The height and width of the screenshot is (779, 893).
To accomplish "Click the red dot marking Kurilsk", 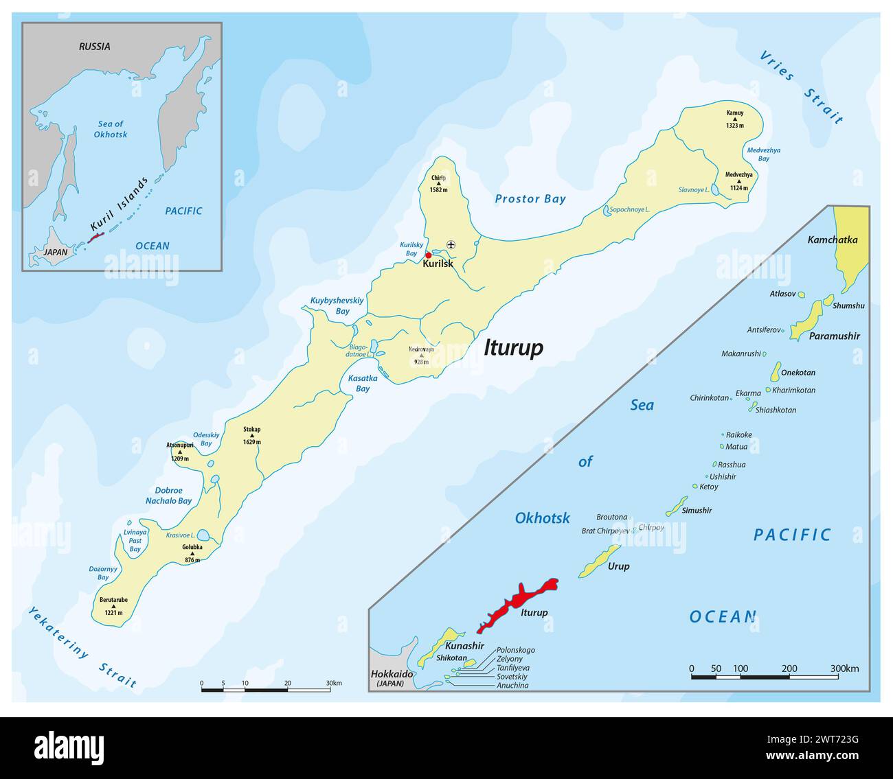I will [x=429, y=255].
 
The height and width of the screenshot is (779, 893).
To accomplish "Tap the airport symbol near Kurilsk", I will [x=451, y=244].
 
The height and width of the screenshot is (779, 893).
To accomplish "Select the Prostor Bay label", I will [x=530, y=199].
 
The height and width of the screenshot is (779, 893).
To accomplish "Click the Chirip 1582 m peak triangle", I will [x=438, y=183].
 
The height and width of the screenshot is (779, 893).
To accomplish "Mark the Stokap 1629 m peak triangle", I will [x=252, y=436].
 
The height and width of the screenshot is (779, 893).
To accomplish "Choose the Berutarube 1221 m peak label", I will [x=113, y=603].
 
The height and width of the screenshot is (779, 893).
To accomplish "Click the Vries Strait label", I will [x=801, y=86].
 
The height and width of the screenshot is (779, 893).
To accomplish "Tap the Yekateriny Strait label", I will [x=82, y=647].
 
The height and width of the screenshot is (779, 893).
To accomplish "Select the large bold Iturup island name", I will [x=513, y=348].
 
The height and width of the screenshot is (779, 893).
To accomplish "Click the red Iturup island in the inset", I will [x=519, y=604].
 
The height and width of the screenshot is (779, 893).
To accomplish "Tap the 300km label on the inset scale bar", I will [x=844, y=668].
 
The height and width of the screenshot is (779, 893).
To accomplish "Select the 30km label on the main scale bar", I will [x=334, y=683].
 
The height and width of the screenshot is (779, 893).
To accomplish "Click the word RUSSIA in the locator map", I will [x=94, y=47].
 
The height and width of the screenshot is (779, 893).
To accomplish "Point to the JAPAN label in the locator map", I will [x=56, y=252].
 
